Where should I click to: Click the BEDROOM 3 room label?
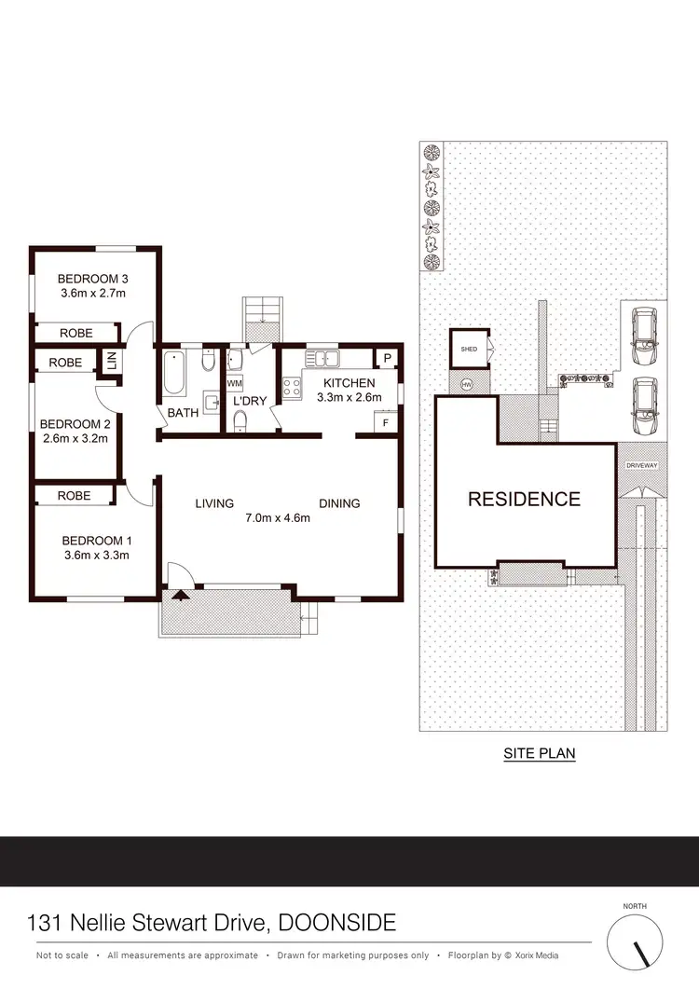pos(92,279)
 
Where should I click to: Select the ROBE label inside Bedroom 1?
pos(74,496)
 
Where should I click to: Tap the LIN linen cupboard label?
pos(111,361)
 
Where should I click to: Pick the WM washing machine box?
pos(233,383)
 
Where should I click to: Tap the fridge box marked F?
pos(385,422)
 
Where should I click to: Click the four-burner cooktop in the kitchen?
pos(292,385)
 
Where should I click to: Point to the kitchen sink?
pos(327,358)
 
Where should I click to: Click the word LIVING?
pos(214,503)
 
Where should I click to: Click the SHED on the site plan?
pos(469,350)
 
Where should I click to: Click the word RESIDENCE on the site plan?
pos(524,499)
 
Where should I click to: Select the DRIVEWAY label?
pos(641,463)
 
